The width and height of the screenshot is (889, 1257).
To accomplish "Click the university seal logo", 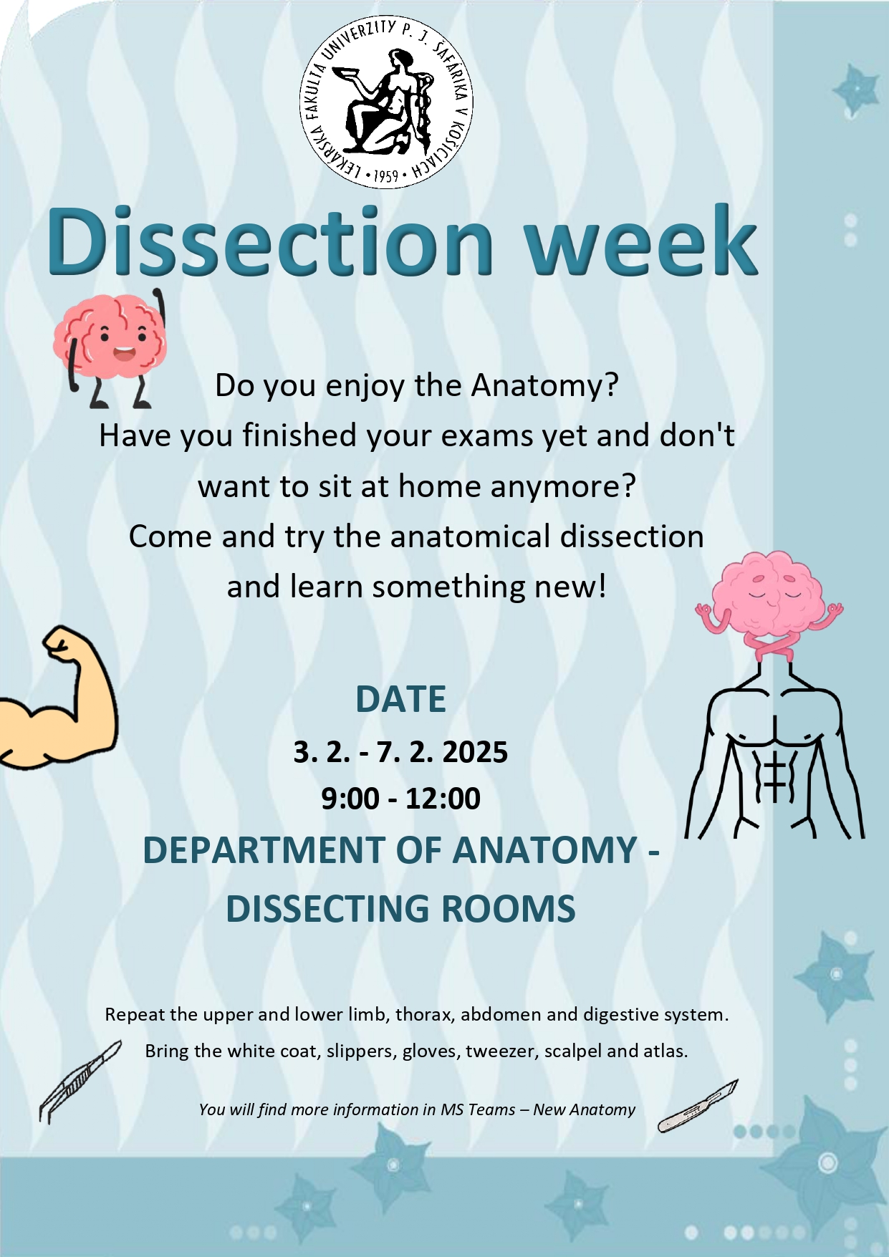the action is click(386, 102).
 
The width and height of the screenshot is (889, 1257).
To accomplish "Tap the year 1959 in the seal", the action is click(386, 175).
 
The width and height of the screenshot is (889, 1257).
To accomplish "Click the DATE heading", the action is click(401, 699).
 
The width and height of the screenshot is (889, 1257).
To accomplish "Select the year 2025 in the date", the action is click(475, 752).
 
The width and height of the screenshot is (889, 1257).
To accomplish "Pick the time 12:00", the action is click(443, 799).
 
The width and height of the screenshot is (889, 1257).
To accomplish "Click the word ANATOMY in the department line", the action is click(545, 850).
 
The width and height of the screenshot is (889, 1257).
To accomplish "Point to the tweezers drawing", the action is click(79, 1082).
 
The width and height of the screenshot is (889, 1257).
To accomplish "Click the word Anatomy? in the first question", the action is click(544, 386).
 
